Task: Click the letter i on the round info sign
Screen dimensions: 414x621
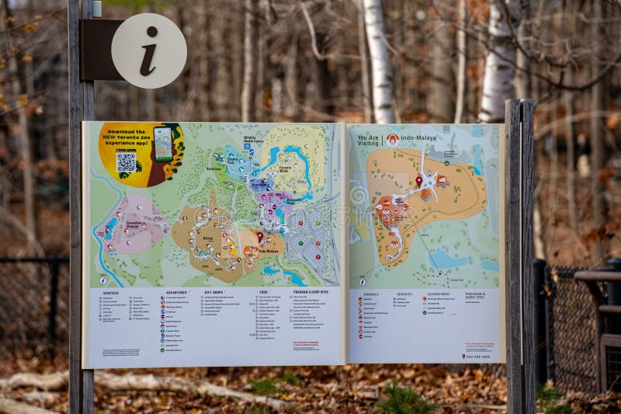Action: (x=148, y=50)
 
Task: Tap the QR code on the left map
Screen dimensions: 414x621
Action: (x=126, y=162)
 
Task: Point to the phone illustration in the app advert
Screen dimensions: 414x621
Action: (x=163, y=144)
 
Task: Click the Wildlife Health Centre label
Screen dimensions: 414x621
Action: (x=254, y=140)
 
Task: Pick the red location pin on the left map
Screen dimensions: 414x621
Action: (x=260, y=236)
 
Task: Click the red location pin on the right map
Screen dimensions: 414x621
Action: (x=419, y=181)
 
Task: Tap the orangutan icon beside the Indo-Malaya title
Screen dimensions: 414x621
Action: (x=392, y=140)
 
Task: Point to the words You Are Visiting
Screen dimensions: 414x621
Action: (x=368, y=140)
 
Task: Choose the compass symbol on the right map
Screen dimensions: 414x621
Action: (x=362, y=281)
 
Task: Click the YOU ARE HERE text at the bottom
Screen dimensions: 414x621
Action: (x=477, y=356)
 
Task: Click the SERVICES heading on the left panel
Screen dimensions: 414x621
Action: (x=110, y=293)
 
